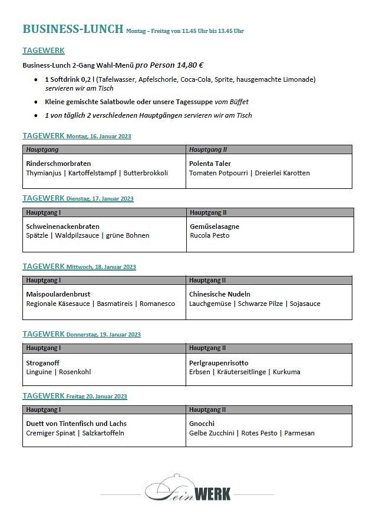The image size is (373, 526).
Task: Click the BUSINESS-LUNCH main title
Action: coord(72,29)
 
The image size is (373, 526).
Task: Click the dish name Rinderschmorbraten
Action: coord(58,164)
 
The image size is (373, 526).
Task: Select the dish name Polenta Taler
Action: coord(210,164)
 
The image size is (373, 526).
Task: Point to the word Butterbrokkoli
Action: coord(146,173)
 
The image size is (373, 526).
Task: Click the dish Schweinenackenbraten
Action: coord(62,226)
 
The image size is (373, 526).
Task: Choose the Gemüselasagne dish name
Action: coord(214,226)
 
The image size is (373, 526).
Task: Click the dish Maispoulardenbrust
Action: coord(58,294)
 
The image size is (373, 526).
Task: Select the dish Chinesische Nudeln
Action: coord(220,294)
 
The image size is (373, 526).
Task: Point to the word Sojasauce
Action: coord(305,304)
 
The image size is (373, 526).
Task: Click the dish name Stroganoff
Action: coord(42,363)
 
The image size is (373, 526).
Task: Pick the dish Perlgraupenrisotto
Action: coord(219,363)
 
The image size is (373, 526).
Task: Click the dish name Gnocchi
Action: coord(202,424)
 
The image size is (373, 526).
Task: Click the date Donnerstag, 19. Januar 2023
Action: coord(104,335)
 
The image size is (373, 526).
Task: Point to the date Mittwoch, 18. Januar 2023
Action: coord(101,267)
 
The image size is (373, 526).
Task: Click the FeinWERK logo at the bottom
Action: coord(188,490)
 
